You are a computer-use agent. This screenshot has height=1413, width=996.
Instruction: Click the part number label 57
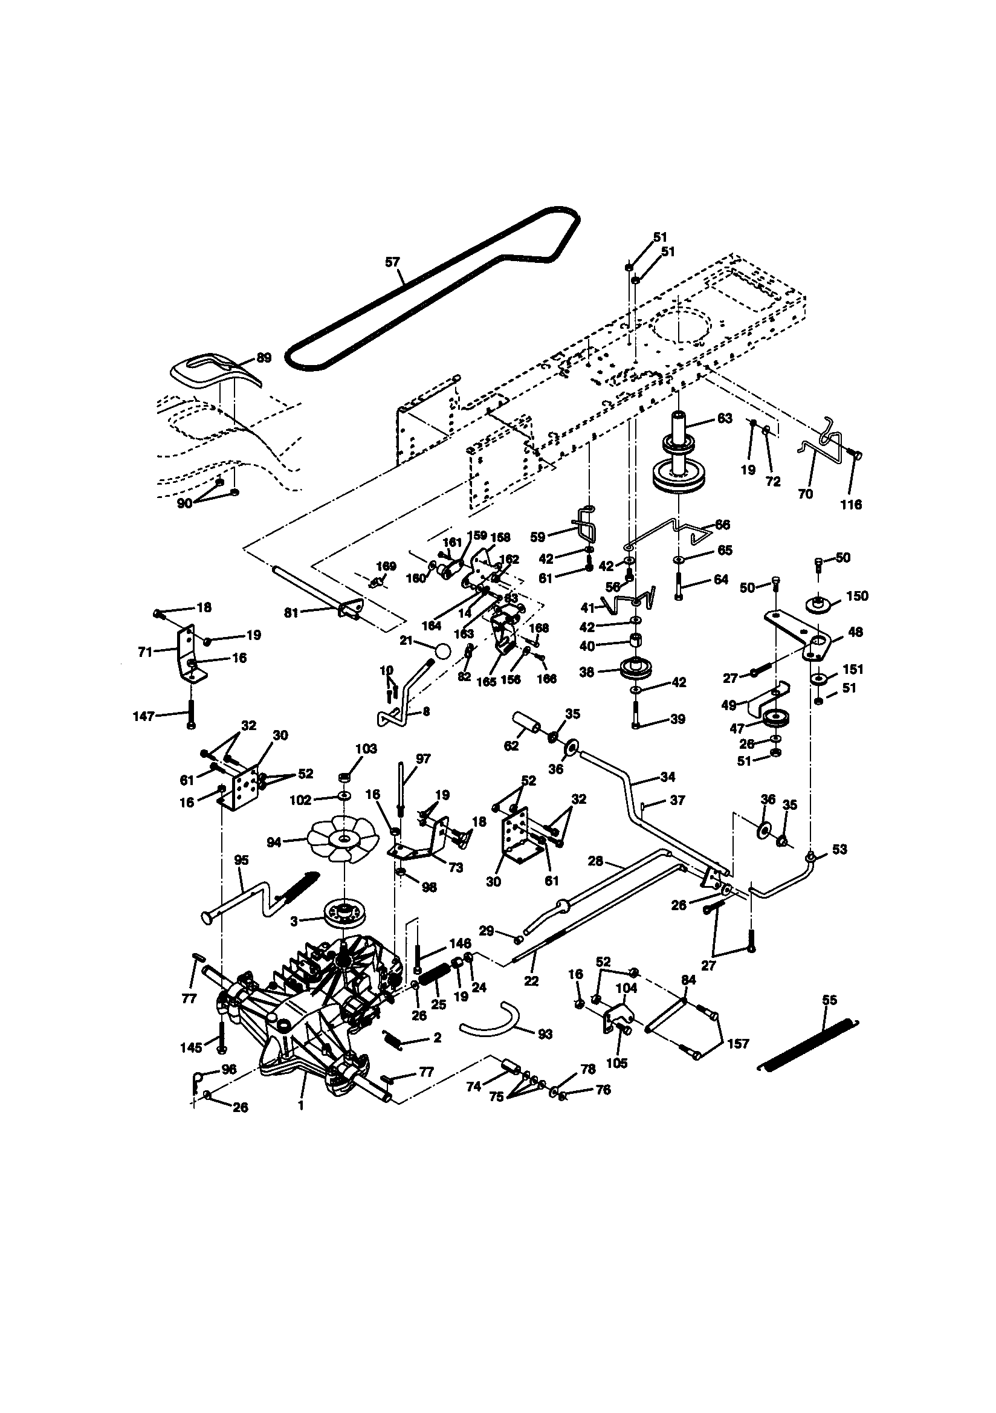click(x=392, y=262)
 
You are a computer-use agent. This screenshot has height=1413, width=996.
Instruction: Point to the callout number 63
click(x=725, y=418)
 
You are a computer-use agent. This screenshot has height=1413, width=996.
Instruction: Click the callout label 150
click(x=857, y=596)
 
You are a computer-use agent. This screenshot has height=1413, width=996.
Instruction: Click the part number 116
click(x=851, y=505)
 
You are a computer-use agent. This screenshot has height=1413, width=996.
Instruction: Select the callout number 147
click(x=144, y=716)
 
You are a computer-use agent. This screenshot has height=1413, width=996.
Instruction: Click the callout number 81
click(x=292, y=613)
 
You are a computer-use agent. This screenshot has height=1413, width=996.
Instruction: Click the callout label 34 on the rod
click(x=667, y=777)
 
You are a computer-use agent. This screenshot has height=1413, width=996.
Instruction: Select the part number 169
click(x=386, y=566)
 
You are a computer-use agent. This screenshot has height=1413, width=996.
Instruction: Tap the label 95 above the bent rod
click(x=241, y=860)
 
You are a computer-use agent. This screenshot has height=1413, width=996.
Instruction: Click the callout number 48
click(x=855, y=632)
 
